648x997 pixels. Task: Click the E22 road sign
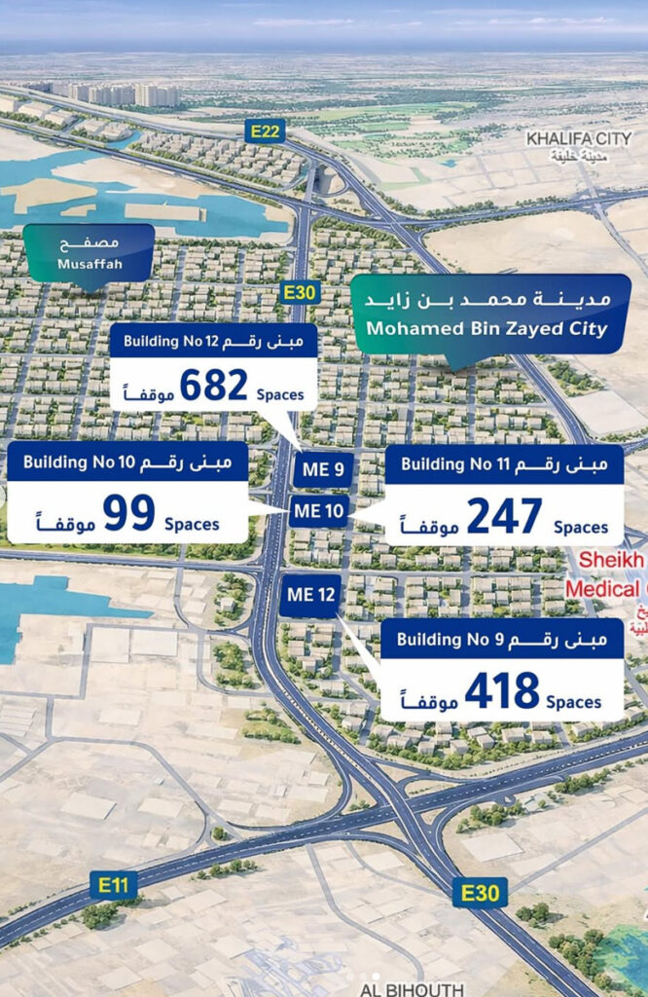265,131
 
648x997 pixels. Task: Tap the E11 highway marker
113,885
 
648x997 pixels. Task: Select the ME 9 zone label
323,470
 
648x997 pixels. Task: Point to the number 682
213,386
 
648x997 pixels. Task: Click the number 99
128,513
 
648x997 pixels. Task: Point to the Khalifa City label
579,139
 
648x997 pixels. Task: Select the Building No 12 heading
164,341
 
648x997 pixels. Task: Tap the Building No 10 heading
73,462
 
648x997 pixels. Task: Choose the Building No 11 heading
449,464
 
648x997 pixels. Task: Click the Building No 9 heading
448,640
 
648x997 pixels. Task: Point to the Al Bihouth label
411,989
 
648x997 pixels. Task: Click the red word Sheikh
611,561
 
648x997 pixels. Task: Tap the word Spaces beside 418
573,702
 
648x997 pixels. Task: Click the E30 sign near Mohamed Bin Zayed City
299,291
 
